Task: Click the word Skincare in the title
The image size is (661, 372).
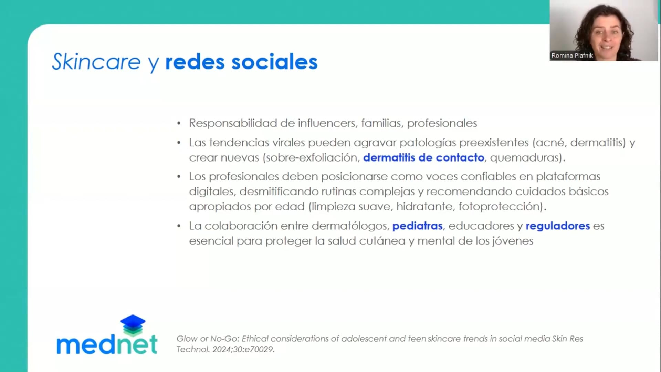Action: coord(96,62)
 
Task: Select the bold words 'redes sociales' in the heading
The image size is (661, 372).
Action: coord(241,62)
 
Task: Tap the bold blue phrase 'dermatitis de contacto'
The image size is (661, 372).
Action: coord(423,157)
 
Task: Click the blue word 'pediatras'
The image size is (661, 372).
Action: coord(417,226)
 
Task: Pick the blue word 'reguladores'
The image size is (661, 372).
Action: coord(558,226)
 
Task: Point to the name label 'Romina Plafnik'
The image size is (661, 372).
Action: coord(572,55)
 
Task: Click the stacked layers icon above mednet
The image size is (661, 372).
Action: coord(133,325)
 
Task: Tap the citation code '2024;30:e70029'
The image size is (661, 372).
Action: coord(243,349)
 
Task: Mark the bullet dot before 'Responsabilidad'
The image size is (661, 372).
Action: coord(179,123)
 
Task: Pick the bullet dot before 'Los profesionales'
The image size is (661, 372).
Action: coord(179,177)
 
